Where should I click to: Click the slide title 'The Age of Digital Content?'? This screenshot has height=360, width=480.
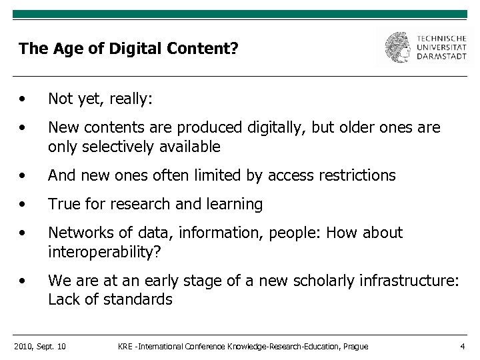128,49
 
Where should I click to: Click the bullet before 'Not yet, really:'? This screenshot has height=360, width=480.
23,100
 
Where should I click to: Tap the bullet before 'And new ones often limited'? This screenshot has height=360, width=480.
23,176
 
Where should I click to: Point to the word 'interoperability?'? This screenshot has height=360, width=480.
106,251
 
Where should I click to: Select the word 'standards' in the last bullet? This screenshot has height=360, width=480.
140,299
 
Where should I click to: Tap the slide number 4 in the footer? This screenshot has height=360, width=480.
462,346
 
